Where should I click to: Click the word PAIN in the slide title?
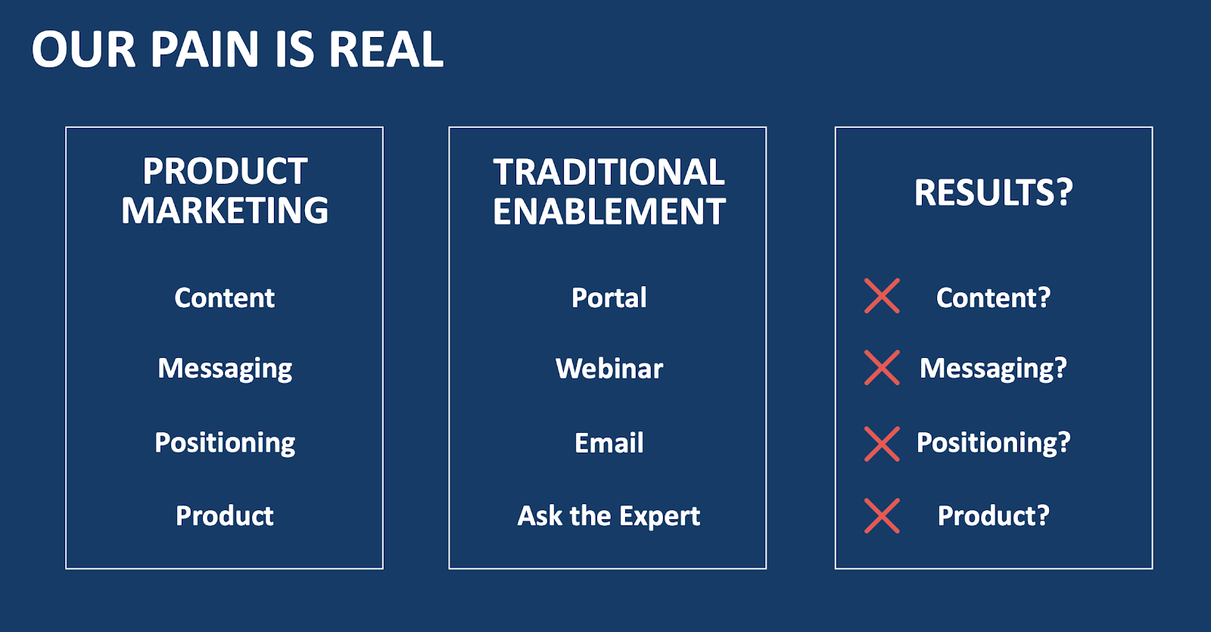pos(204,50)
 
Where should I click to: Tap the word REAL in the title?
pos(386,50)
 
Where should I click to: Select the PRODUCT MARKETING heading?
pos(225,191)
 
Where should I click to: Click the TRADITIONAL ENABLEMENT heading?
pos(609,191)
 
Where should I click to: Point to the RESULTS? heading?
pos(993,192)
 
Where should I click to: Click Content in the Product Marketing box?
pos(225,297)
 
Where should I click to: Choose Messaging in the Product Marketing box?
pos(225,369)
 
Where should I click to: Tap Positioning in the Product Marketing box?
pos(225,443)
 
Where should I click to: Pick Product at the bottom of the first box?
pos(225,515)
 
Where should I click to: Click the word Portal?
pos(609,297)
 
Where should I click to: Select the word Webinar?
pos(609,369)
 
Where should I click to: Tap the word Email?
pos(609,443)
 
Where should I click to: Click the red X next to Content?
pos(882,296)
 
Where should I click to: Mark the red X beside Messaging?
pos(882,368)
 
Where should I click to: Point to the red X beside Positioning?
pos(882,444)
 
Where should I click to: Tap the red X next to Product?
pos(882,516)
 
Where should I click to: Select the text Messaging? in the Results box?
pos(993,369)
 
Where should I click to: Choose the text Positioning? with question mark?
pos(993,443)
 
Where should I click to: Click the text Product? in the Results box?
pos(993,515)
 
